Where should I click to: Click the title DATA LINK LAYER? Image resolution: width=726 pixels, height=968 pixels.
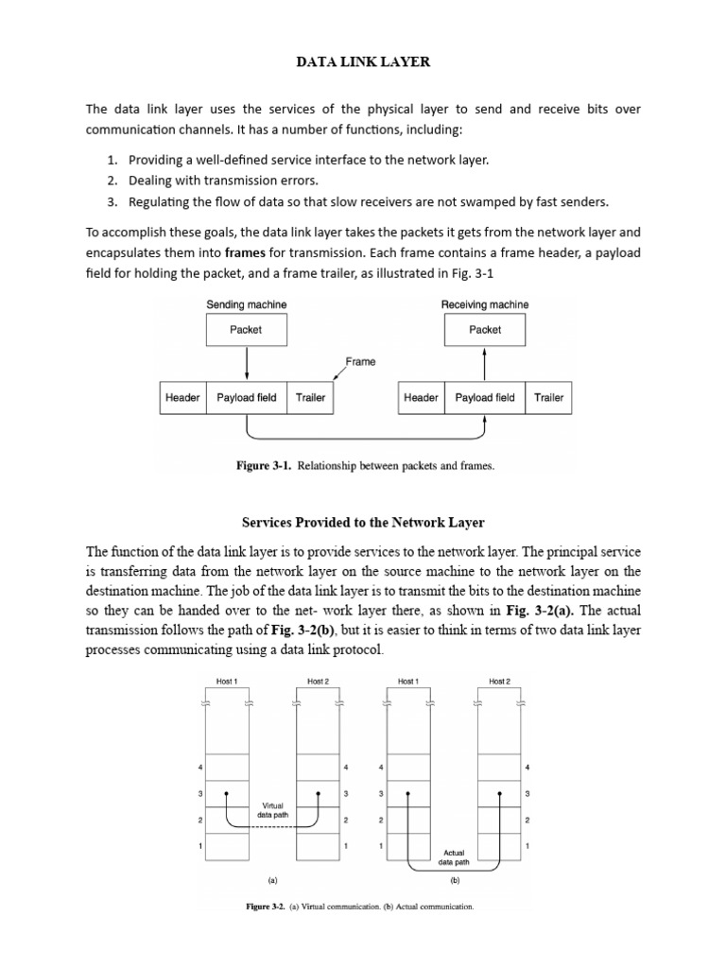coord(363,62)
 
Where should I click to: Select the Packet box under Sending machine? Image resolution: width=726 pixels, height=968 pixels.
coord(246,330)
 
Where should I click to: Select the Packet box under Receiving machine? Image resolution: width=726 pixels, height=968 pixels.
coord(485,330)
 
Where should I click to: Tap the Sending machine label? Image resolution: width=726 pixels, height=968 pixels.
coord(246,304)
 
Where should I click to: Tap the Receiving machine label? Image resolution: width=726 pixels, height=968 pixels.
coord(485,304)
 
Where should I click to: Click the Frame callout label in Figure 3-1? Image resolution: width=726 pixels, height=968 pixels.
coord(360,361)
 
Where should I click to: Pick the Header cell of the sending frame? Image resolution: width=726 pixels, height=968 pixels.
coord(182,398)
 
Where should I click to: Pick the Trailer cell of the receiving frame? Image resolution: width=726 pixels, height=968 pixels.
coord(548,398)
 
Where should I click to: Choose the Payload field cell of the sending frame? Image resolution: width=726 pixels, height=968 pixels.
coord(247,398)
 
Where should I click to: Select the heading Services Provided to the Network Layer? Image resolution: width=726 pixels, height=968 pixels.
coord(363,522)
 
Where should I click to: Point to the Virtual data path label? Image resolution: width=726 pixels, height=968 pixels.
coord(272,809)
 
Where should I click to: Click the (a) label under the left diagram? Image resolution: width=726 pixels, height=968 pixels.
coord(272,880)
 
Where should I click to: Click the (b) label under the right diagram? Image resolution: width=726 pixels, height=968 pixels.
coord(455,880)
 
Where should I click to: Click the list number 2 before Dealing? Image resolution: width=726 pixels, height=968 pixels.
coord(112,181)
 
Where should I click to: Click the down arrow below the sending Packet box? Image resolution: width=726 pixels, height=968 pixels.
coord(246,364)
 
